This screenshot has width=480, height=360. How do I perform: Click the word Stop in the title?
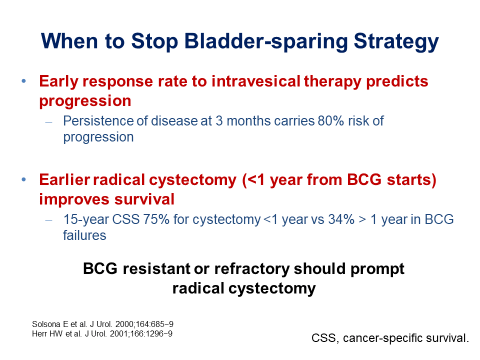click(x=154, y=41)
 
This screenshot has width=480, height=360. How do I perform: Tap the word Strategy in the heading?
click(x=396, y=41)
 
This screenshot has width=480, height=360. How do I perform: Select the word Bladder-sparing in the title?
click(x=266, y=41)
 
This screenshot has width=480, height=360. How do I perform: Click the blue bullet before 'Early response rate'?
click(x=24, y=81)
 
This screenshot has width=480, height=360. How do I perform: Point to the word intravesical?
click(x=256, y=81)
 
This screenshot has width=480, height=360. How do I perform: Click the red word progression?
click(x=85, y=101)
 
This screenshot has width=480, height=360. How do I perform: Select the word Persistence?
click(x=98, y=121)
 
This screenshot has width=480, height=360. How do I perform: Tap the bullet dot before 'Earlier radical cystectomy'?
click(x=24, y=179)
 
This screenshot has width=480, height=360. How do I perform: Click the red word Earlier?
click(x=64, y=179)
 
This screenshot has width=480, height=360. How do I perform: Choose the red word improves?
click(x=74, y=199)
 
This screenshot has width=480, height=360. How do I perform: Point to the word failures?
click(x=84, y=235)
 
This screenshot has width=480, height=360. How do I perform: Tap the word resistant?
click(x=156, y=269)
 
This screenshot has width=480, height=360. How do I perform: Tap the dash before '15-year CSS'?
click(x=48, y=220)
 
